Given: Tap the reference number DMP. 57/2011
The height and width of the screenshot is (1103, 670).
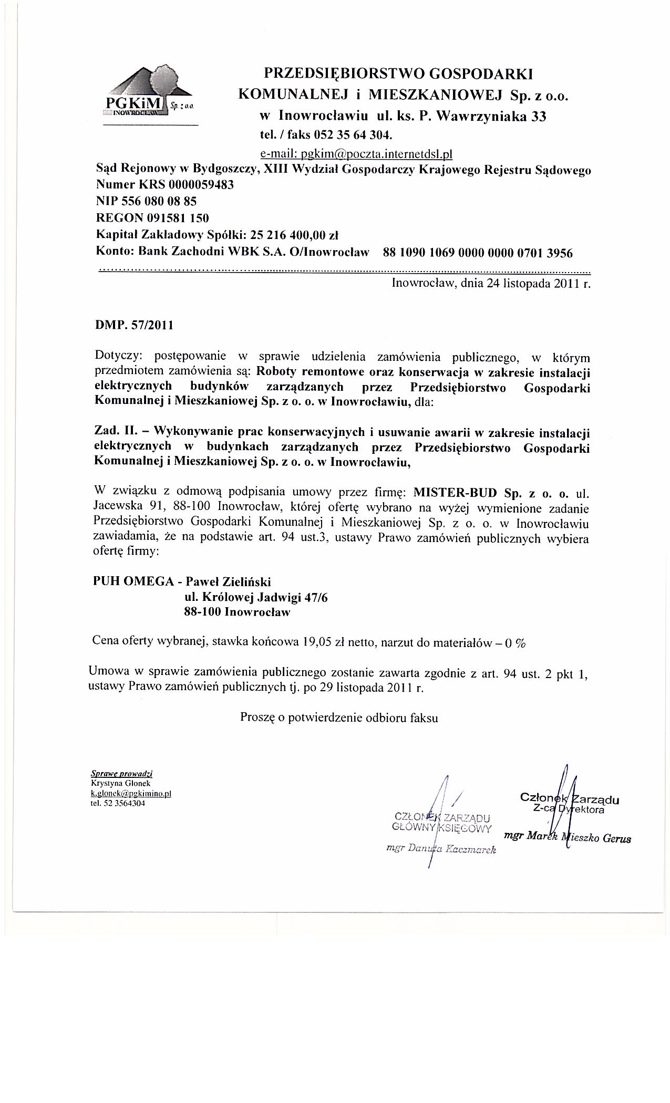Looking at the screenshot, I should [x=134, y=325].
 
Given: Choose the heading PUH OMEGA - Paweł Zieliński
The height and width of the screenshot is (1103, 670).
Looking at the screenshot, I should [x=182, y=581].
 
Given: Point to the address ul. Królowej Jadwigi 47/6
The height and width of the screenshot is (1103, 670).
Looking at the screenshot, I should [x=255, y=597].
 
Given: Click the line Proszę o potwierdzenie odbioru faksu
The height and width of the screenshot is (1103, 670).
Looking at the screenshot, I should [x=339, y=717].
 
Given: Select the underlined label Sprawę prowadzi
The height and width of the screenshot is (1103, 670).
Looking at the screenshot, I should [x=121, y=774].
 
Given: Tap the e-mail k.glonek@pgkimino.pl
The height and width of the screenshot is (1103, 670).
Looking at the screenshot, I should [x=131, y=794].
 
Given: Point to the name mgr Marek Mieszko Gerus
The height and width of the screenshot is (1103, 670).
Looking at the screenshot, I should [x=567, y=838].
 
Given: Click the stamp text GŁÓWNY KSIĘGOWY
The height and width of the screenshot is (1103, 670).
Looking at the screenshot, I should [x=441, y=828].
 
